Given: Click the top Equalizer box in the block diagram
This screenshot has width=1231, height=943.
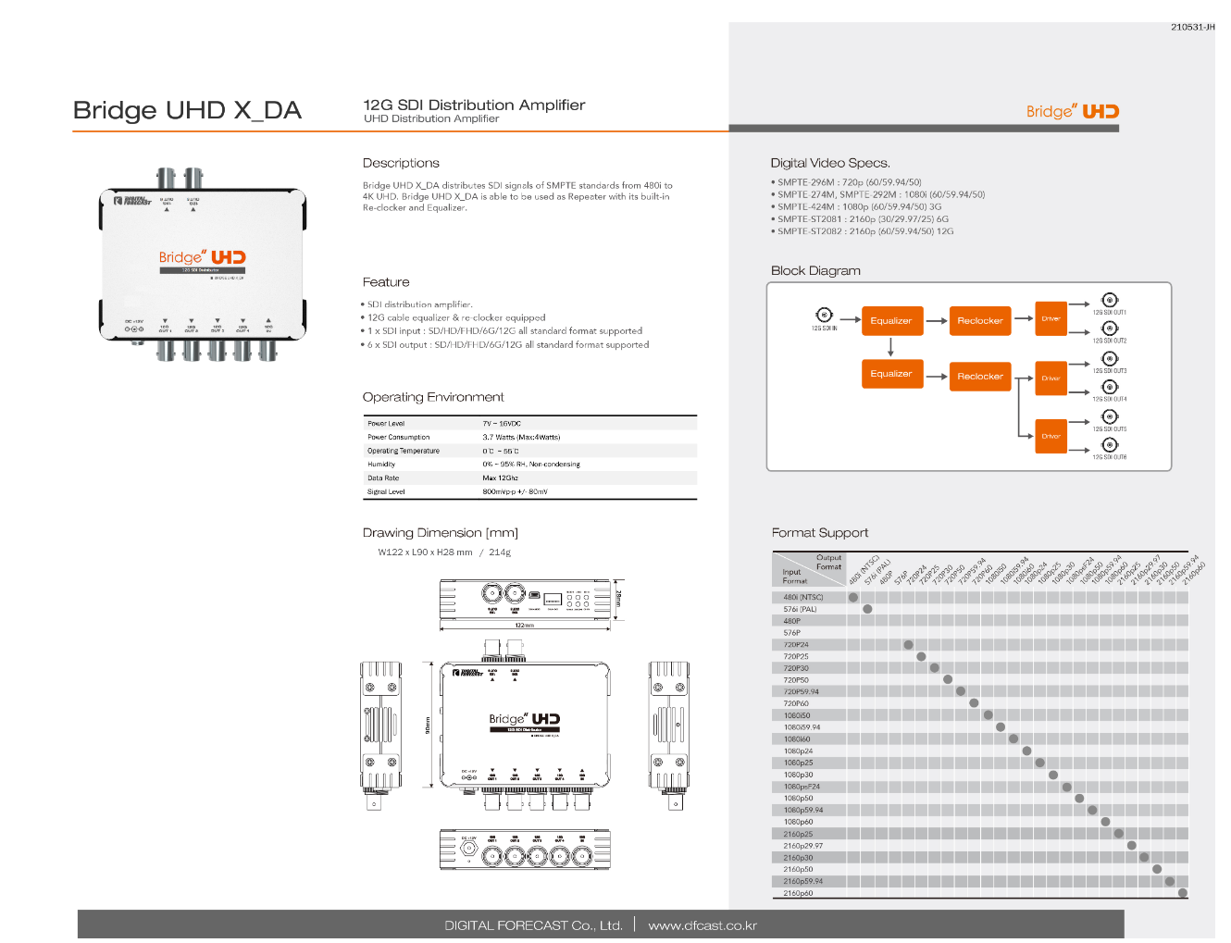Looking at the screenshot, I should coord(891,320).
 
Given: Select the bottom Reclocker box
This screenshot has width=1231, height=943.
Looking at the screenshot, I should coord(979,376).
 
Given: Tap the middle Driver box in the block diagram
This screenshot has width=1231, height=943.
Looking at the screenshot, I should coord(1051,378).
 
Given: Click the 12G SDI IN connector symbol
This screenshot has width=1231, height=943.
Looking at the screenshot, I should coord(824,315).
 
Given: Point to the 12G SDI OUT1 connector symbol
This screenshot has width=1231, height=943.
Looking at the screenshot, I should coord(1110,300).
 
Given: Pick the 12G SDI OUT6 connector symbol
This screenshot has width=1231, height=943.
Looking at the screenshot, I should coord(1110,445).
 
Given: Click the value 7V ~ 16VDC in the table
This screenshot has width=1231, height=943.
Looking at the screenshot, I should coord(502,424).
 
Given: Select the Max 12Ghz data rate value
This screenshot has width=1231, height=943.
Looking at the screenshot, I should coord(500,478).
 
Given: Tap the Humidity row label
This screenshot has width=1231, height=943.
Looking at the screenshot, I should coord(381,465).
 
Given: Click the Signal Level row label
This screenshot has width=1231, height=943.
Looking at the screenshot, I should coord(386,492).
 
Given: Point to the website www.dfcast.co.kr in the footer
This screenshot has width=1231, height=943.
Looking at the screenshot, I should coord(703,925).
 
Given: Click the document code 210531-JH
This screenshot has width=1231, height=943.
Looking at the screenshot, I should coord(1192,27).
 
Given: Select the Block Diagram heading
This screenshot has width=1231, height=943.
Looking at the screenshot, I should coord(815,270).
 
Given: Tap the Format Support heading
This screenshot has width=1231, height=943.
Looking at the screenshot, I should coord(820,533).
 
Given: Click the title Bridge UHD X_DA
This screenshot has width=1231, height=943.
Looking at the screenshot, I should coord(187,110).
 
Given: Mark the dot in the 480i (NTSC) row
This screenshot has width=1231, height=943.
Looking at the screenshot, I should coord(853,598).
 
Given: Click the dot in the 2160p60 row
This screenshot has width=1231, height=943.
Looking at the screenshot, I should coord(1183,893).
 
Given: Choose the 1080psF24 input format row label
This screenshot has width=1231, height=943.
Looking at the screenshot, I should coord(802,787).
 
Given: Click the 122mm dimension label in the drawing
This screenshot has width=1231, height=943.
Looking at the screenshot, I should coord(525,626).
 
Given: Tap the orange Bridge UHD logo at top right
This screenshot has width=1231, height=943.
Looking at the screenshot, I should coord(1073,112).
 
